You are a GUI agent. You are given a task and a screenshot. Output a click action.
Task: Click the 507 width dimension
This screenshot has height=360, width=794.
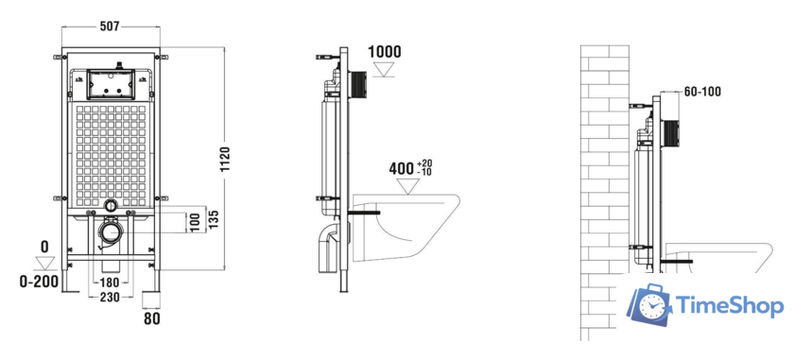(110, 26)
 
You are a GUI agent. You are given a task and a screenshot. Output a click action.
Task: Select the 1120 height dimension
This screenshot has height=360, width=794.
(225, 160)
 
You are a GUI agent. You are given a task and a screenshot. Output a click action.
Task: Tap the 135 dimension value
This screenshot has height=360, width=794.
(214, 218)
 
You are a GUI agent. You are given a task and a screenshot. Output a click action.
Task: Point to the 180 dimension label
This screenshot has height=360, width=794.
(110, 283)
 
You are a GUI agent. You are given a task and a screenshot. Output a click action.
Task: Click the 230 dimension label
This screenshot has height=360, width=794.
(110, 298)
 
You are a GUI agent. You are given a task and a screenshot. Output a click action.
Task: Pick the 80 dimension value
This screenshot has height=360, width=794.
(152, 319)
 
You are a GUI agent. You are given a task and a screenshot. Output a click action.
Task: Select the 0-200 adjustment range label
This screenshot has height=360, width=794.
(39, 282)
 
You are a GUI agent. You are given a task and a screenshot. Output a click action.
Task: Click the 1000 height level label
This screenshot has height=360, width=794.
(384, 52)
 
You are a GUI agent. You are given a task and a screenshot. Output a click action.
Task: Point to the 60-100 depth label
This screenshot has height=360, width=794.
(701, 92)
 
